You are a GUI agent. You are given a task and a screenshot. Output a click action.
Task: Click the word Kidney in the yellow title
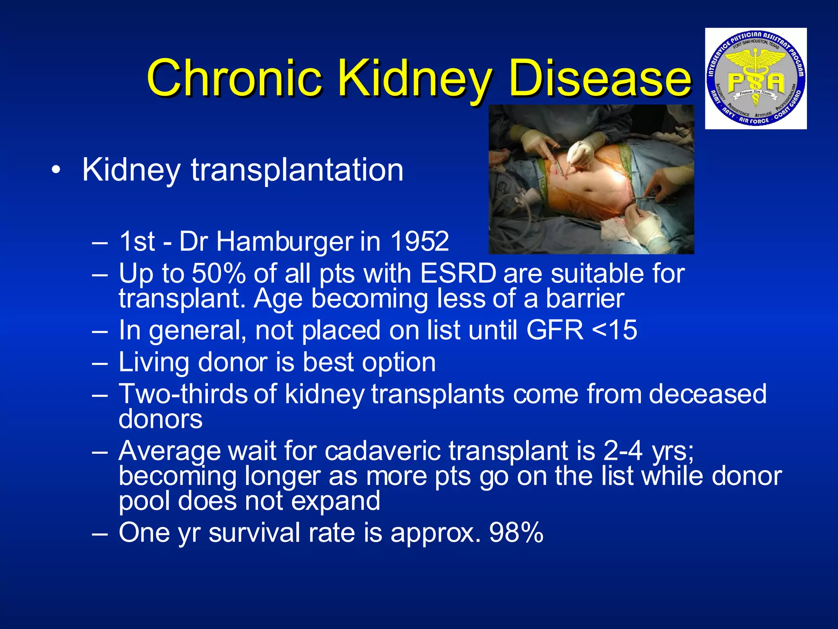pyautogui.click(x=415, y=78)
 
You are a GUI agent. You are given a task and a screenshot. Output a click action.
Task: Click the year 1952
pyautogui.click(x=419, y=241)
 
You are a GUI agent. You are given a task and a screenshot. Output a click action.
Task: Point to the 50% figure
pyautogui.click(x=219, y=273)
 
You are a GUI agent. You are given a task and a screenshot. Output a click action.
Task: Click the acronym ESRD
pyautogui.click(x=458, y=273)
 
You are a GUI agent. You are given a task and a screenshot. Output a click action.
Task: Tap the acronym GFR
pyautogui.click(x=554, y=330)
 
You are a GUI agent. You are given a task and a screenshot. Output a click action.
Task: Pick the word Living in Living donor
pyautogui.click(x=153, y=363)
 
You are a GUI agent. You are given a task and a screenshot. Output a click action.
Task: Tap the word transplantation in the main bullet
pyautogui.click(x=297, y=170)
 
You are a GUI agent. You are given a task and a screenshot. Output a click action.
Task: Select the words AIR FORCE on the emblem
pyautogui.click(x=753, y=121)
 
